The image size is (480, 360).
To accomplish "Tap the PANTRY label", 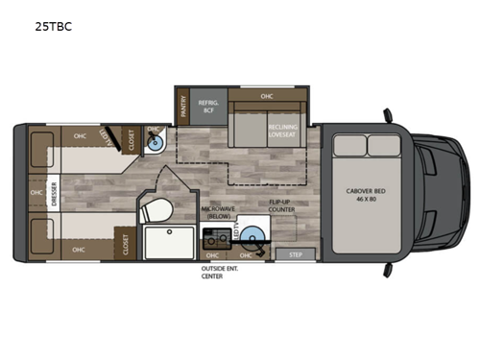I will click(x=182, y=107).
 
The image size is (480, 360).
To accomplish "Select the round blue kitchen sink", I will click(x=252, y=236).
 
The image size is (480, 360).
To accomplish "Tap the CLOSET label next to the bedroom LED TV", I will click(x=130, y=140).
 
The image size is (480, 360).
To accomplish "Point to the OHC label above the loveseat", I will click(x=269, y=96).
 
